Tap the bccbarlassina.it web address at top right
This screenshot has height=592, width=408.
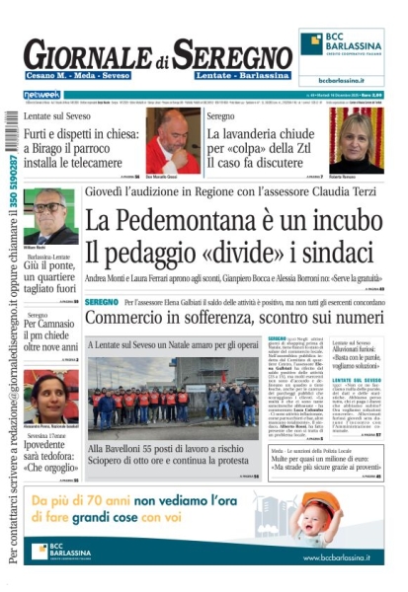(x=342, y=81)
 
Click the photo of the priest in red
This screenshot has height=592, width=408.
(x=173, y=140)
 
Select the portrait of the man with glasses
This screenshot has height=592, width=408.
(x=50, y=215)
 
